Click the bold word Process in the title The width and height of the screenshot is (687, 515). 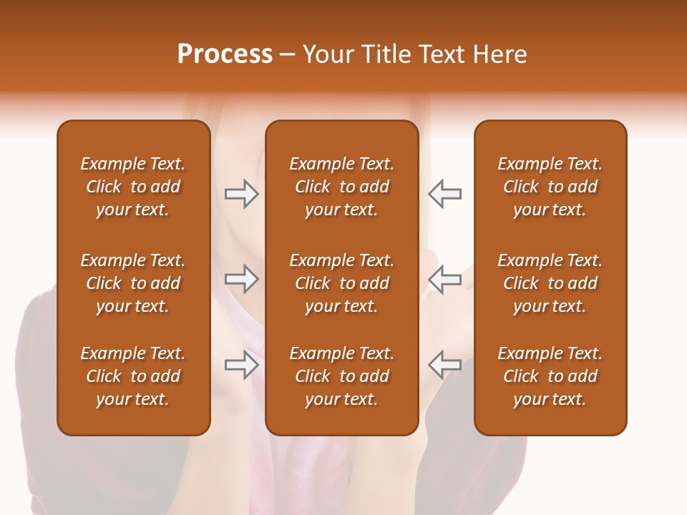click(225, 54)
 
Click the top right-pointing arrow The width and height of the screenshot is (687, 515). click(241, 194)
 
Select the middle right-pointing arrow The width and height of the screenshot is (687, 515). click(241, 279)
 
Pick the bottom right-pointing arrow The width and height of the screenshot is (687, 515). click(241, 365)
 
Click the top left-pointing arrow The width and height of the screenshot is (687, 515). click(445, 194)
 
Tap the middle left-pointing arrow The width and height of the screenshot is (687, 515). click(445, 279)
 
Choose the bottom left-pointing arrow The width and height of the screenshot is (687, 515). click(445, 365)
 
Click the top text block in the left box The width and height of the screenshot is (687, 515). click(133, 187)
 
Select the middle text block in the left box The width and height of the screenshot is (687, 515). click(133, 283)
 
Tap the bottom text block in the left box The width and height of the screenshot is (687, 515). click(133, 376)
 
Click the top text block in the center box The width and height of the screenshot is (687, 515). click(341, 187)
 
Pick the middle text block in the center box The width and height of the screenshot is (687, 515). click(341, 283)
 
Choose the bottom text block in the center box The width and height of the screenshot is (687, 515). click(341, 376)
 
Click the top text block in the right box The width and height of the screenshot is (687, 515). click(550, 187)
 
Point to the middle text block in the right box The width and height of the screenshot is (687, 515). click(550, 283)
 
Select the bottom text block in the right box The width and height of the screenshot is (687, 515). click(550, 376)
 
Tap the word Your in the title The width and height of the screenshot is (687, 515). click(327, 54)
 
